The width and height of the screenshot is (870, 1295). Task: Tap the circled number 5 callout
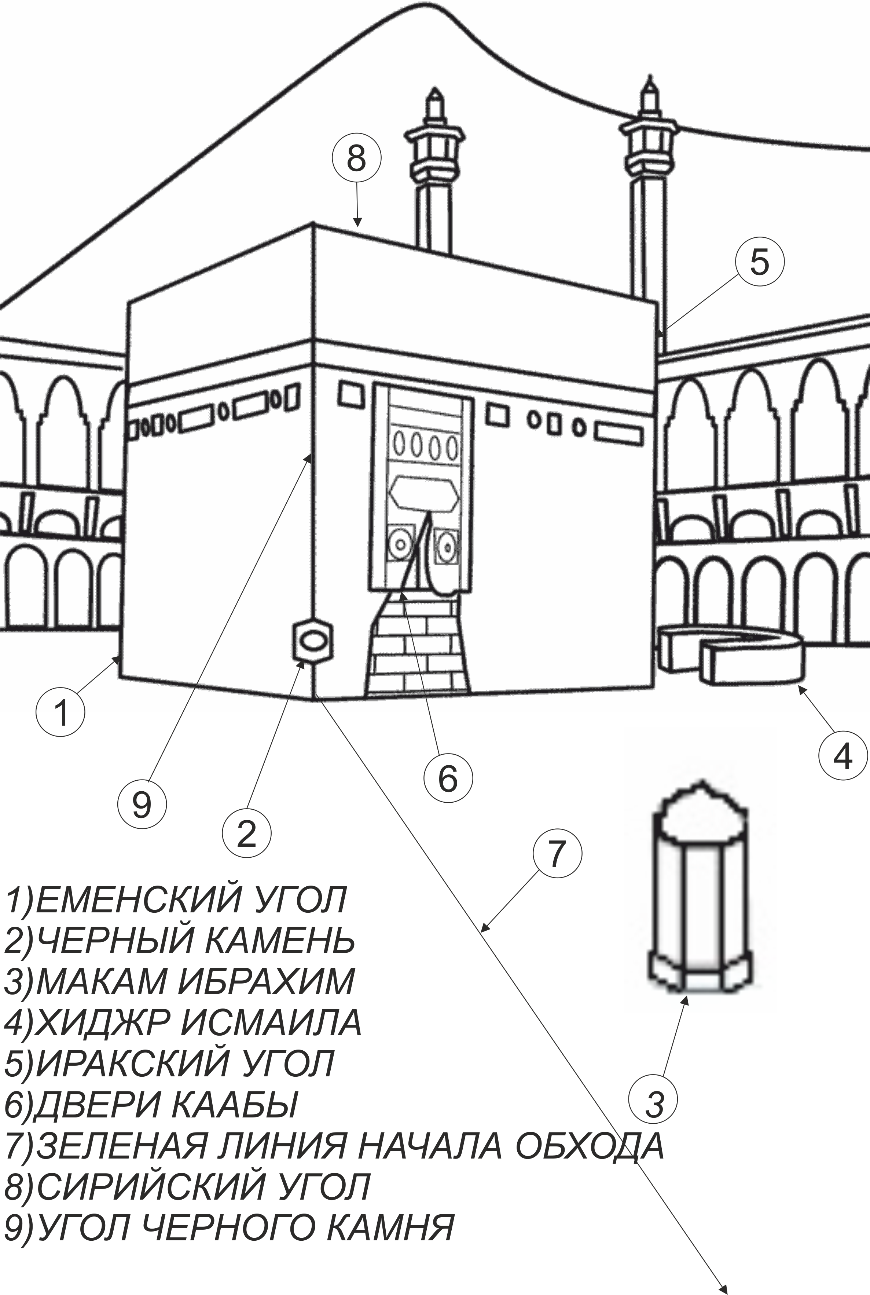760,262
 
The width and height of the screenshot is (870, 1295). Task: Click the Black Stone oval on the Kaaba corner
312,641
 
